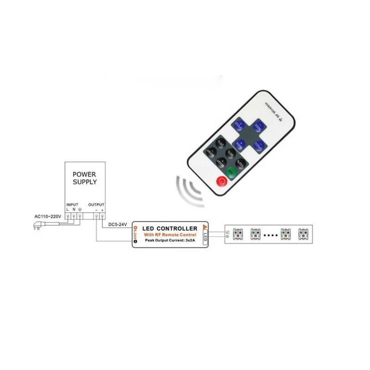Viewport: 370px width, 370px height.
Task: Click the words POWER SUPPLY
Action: (x=85, y=178)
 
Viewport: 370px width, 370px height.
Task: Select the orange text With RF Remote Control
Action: (x=170, y=235)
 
